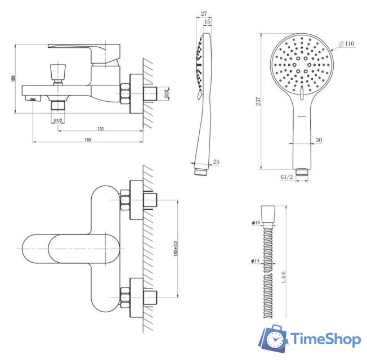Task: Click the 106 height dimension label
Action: (x=14, y=78)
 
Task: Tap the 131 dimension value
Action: (x=101, y=129)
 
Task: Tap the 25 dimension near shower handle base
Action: (x=217, y=163)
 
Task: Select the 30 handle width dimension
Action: (x=319, y=140)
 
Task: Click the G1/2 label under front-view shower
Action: (x=287, y=177)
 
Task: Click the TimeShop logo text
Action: (x=325, y=340)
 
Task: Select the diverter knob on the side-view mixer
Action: (x=57, y=71)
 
